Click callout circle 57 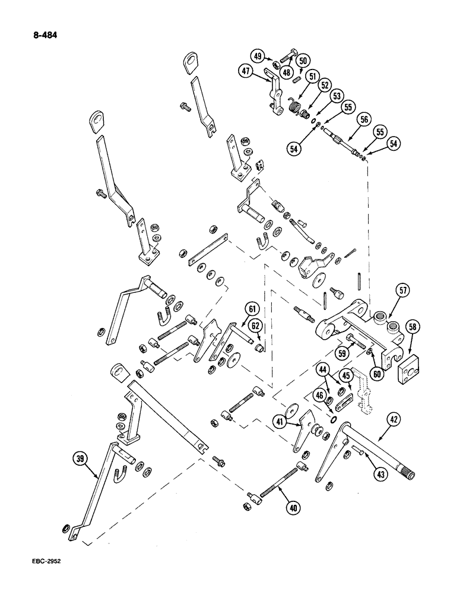[x=403, y=290]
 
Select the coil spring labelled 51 [x=294, y=108]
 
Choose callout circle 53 [x=336, y=96]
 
